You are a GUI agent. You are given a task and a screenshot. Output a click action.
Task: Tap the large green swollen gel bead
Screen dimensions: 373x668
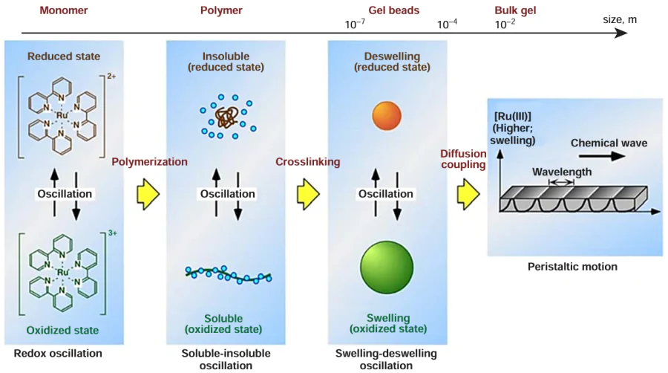387,267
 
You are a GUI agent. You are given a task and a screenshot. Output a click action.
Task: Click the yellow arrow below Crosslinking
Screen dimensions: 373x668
307,195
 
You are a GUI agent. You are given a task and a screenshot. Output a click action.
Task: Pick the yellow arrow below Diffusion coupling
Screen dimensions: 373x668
468,195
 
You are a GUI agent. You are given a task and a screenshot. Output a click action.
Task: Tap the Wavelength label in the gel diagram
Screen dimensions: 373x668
561,171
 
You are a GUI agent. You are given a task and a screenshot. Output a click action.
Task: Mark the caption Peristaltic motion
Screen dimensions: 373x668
572,267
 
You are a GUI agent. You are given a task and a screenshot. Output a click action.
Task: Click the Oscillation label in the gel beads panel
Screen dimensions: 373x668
386,194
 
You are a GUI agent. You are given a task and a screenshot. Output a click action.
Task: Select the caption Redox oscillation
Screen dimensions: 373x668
58,353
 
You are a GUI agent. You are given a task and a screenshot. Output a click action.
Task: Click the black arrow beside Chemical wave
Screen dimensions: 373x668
606,158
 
